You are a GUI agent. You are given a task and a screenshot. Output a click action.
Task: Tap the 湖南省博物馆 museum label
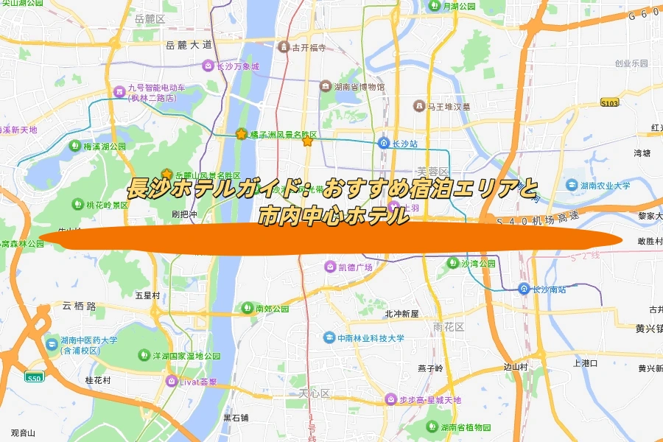(x=359, y=87)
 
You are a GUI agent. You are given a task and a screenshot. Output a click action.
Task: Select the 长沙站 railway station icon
(x=385, y=143)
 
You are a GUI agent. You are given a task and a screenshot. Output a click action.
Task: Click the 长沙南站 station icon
(x=523, y=289)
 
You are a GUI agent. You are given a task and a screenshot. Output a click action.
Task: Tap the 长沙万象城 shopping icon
(x=208, y=66)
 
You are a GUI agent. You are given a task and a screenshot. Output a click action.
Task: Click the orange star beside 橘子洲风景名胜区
(x=241, y=134)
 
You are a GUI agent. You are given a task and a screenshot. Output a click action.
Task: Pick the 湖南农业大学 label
(x=605, y=186)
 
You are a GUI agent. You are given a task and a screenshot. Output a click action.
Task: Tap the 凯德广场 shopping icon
(x=330, y=267)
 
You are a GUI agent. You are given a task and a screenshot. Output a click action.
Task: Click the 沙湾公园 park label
(x=478, y=263)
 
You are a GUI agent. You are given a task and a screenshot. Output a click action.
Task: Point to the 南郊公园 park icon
(x=248, y=308)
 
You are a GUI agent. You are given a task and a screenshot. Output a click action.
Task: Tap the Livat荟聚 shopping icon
(x=172, y=381)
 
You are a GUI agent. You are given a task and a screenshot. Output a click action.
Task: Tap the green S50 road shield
(x=34, y=378)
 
